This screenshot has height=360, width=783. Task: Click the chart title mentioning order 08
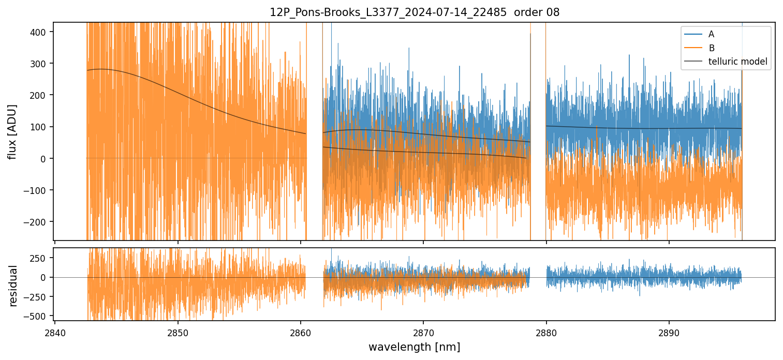(x=414, y=12)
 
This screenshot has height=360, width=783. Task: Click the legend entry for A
(x=711, y=34)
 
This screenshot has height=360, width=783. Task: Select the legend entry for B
(x=711, y=48)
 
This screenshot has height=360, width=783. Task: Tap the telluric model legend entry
(x=737, y=62)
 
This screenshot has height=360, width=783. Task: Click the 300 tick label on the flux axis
(x=41, y=64)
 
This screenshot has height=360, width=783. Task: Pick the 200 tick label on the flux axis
(x=41, y=95)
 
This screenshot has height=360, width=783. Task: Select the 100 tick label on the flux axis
(x=41, y=127)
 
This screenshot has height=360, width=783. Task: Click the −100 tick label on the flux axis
(x=39, y=190)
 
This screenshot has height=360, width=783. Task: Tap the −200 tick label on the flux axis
(x=39, y=222)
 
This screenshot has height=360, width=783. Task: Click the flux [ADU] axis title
(x=12, y=131)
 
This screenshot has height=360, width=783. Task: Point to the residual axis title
(x=13, y=286)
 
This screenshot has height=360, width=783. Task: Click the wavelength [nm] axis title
(x=414, y=347)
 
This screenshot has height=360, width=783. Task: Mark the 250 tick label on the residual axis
(x=41, y=258)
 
